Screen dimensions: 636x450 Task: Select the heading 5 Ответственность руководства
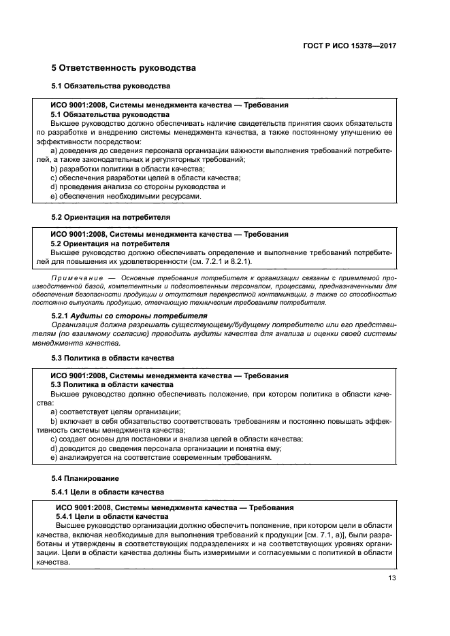(x=124, y=68)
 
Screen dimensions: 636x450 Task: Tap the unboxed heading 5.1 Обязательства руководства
(x=111, y=86)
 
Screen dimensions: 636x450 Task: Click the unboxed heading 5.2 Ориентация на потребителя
(x=111, y=217)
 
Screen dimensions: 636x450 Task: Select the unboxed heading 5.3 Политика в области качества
(x=113, y=358)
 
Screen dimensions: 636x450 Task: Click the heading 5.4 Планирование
(x=85, y=478)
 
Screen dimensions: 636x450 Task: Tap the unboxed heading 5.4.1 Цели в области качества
(x=108, y=491)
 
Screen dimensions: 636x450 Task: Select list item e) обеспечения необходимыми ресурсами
(x=126, y=196)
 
